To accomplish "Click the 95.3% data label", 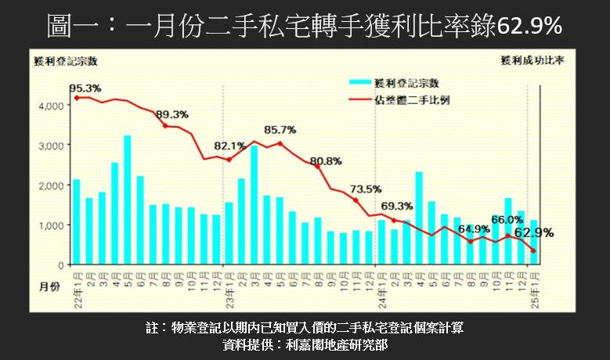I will coord(85,88).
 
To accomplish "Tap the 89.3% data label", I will coord(172,114).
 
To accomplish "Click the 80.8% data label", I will coord(325,161).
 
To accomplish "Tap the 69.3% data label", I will coord(399,206).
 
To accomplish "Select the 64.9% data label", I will coord(474,229).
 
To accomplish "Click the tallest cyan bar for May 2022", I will coord(127,200).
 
